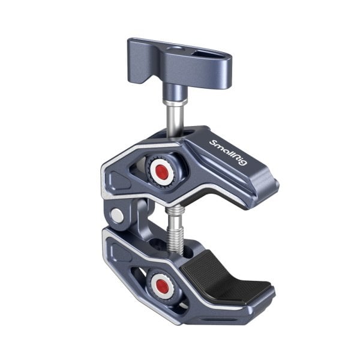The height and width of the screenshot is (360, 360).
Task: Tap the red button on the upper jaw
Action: (x=161, y=170)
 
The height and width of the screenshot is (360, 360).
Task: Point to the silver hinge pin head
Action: (x=118, y=216)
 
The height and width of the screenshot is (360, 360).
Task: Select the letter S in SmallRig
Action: (x=212, y=142)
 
